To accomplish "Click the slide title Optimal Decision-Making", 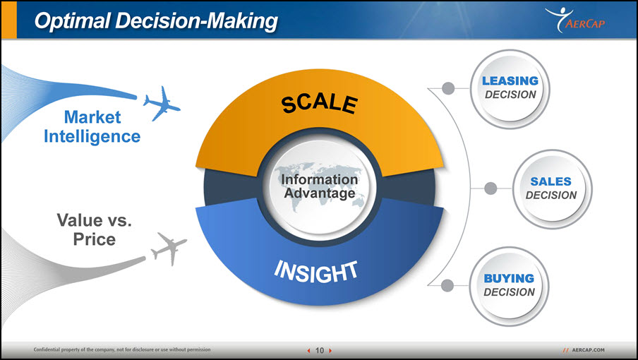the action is pyautogui.click(x=156, y=20).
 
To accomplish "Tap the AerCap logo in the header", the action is pyautogui.click(x=575, y=20).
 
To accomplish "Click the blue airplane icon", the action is pyautogui.click(x=162, y=103).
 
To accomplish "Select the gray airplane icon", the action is pyautogui.click(x=169, y=248).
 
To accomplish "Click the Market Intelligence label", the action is pyautogui.click(x=92, y=127).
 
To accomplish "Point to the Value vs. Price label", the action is pyautogui.click(x=95, y=229).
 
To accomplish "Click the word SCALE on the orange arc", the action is pyautogui.click(x=320, y=104).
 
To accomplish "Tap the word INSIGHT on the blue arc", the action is pyautogui.click(x=316, y=272).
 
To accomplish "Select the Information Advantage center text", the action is pyautogui.click(x=320, y=186).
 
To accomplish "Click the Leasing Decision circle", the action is pyautogui.click(x=510, y=89).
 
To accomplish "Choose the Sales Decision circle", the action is pyautogui.click(x=552, y=189).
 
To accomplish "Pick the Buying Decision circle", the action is pyautogui.click(x=509, y=287).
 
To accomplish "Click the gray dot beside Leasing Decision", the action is pyautogui.click(x=448, y=88).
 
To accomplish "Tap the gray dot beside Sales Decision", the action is pyautogui.click(x=490, y=188).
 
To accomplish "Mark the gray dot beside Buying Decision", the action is pyautogui.click(x=447, y=286).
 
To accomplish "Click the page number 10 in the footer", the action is pyautogui.click(x=320, y=350).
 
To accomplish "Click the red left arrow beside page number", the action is pyautogui.click(x=308, y=350).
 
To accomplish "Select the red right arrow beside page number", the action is pyautogui.click(x=330, y=350).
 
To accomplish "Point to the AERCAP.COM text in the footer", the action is pyautogui.click(x=588, y=350).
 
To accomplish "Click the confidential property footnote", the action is pyautogui.click(x=122, y=349).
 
